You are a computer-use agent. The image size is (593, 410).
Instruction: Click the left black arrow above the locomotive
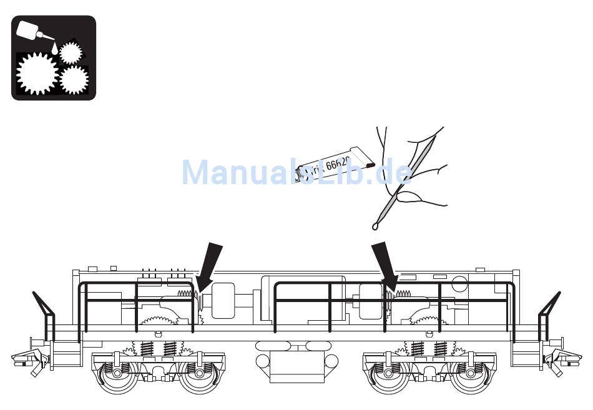[210, 265]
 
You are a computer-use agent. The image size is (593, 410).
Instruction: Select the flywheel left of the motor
[222, 300]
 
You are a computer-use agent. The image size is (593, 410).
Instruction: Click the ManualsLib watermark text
[296, 172]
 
